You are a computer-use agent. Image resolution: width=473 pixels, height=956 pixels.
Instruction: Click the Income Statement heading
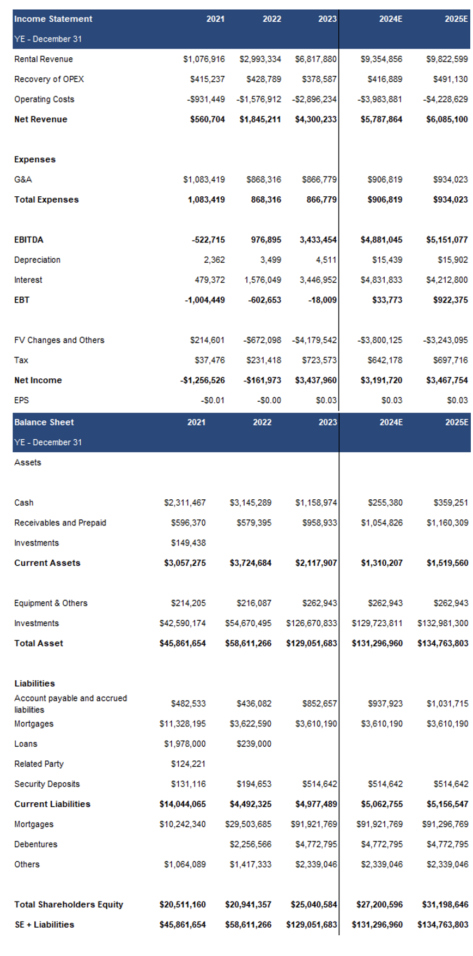tap(53, 19)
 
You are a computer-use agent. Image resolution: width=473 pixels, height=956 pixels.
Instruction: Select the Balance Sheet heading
tap(44, 422)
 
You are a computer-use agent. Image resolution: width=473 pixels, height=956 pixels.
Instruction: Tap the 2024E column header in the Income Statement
tap(391, 19)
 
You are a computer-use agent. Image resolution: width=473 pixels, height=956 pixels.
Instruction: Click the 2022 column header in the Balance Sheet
tap(262, 422)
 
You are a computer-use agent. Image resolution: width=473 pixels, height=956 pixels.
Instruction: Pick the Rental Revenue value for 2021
tap(204, 59)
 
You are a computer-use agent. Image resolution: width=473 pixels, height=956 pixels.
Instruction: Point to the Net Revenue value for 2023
tap(316, 119)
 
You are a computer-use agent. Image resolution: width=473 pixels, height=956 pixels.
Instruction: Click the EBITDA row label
tap(29, 240)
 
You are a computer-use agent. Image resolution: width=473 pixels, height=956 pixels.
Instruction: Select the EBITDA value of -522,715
tap(208, 240)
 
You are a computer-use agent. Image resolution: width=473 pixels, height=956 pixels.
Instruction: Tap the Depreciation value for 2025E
tap(452, 260)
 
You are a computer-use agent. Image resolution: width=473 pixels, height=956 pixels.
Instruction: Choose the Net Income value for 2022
tap(262, 380)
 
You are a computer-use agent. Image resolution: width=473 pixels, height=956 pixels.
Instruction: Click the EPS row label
tap(21, 401)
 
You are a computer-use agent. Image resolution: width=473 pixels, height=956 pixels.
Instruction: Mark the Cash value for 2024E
tap(385, 503)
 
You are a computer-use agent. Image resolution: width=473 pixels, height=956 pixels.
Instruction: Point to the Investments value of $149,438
tap(188, 543)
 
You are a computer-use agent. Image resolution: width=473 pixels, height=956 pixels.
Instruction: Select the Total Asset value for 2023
tap(312, 644)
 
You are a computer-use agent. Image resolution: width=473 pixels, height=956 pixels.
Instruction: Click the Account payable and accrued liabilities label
tap(70, 704)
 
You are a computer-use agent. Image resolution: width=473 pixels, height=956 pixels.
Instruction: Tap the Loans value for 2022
tap(254, 744)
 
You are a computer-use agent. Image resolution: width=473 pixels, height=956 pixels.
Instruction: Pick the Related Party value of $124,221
tap(188, 764)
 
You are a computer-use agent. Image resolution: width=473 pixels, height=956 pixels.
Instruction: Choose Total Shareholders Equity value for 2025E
tap(445, 905)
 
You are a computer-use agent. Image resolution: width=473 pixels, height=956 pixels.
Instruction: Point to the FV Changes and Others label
tap(59, 340)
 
